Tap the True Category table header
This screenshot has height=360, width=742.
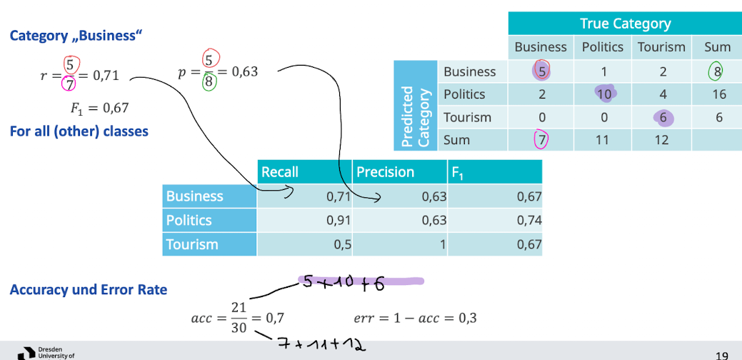point(625,24)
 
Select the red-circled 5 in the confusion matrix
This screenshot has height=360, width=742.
point(541,71)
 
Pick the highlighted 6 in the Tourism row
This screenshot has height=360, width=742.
point(662,116)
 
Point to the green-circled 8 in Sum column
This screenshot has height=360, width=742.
point(717,71)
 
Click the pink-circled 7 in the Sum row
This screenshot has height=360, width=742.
point(541,139)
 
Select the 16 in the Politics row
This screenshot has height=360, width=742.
point(718,94)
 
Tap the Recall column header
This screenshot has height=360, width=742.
point(280,172)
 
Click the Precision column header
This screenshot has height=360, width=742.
point(385,172)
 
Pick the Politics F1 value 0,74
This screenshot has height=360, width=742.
point(529,220)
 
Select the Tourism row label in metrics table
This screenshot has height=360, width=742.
point(192,244)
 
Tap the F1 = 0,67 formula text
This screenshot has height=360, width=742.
point(99,109)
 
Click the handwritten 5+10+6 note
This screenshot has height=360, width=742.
point(343,284)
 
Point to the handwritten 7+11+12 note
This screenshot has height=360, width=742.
point(321,346)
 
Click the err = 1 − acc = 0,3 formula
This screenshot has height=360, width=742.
point(416,318)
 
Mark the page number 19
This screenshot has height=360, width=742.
point(721,354)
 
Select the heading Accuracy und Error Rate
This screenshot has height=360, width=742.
point(89,289)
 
